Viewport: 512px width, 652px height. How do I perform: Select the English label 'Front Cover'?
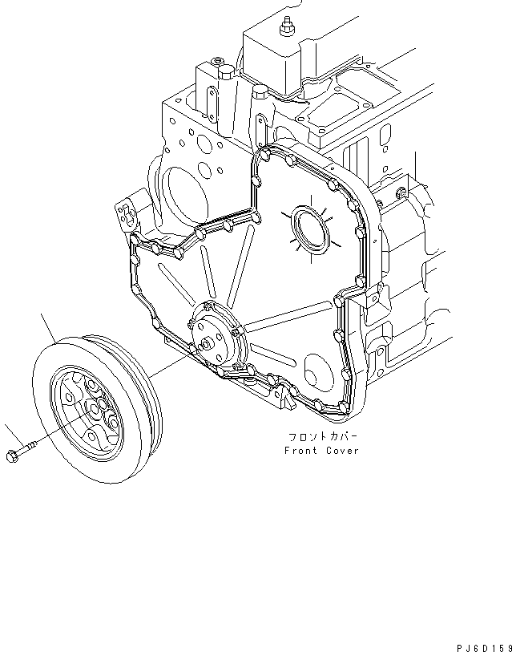click(x=321, y=451)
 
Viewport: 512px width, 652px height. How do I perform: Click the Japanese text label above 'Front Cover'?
click(x=323, y=438)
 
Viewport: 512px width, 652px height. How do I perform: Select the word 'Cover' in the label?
click(x=344, y=451)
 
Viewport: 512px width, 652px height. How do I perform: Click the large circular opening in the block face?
click(x=180, y=192)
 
